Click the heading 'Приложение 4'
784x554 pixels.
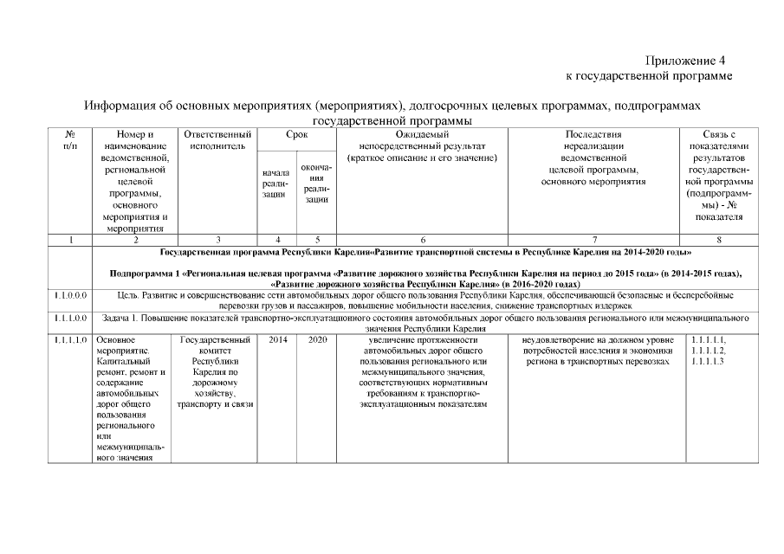coord(684,61)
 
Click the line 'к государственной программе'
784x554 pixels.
coord(648,76)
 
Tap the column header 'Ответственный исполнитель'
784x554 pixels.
coord(217,141)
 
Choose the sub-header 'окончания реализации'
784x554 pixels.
coord(316,183)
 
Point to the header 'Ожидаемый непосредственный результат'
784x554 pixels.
coord(421,146)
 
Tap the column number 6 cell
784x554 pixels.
coord(422,240)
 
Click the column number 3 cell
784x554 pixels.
coord(217,240)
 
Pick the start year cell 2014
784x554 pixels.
coord(277,340)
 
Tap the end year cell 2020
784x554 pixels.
coord(316,340)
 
